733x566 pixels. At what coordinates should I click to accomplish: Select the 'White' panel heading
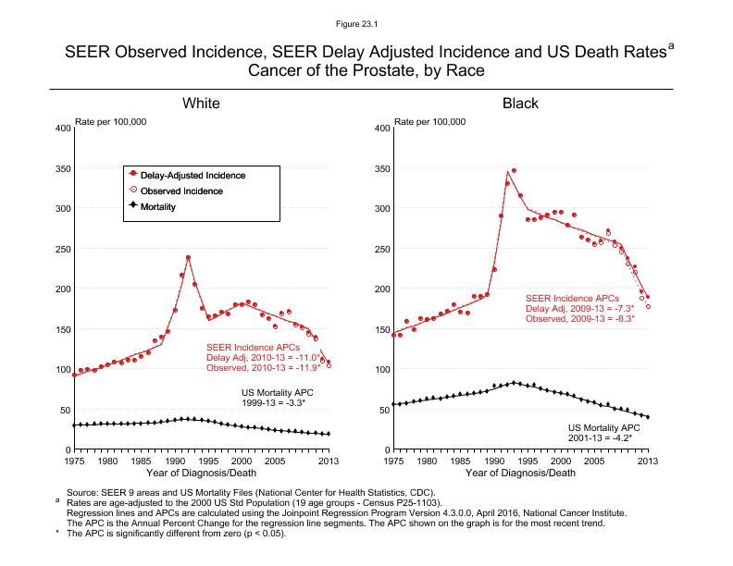[x=201, y=104]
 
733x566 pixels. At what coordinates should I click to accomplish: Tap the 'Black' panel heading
[x=520, y=104]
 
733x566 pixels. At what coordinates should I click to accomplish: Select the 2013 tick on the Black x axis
[x=648, y=461]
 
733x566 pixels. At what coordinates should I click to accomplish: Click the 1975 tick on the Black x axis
[x=393, y=461]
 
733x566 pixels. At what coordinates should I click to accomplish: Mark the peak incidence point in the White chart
[x=188, y=257]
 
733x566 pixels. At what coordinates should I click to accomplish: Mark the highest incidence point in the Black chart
[x=514, y=170]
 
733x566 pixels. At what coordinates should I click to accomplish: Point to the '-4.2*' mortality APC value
[x=627, y=437]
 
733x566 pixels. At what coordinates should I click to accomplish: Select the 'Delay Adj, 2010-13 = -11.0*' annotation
[x=263, y=358]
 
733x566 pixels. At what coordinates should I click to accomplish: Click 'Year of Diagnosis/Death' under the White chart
[x=200, y=474]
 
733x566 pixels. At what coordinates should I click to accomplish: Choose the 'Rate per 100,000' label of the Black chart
[x=431, y=122]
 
